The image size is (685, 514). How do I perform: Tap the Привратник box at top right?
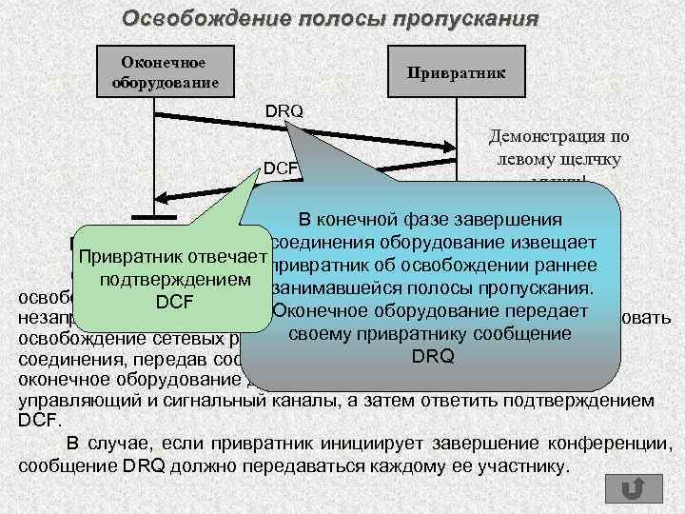coord(456,71)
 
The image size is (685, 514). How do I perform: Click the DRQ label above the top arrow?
coord(284,111)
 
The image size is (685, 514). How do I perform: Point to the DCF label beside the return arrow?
coord(282,168)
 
